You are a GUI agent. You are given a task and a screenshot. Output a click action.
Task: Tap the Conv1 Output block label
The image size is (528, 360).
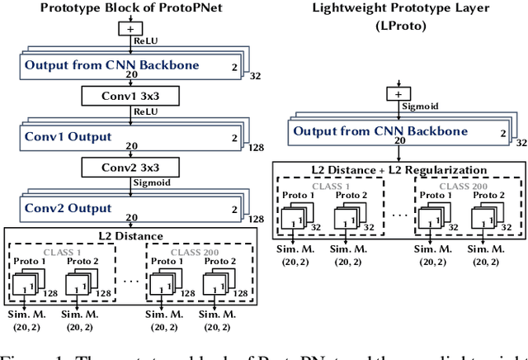67,135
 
